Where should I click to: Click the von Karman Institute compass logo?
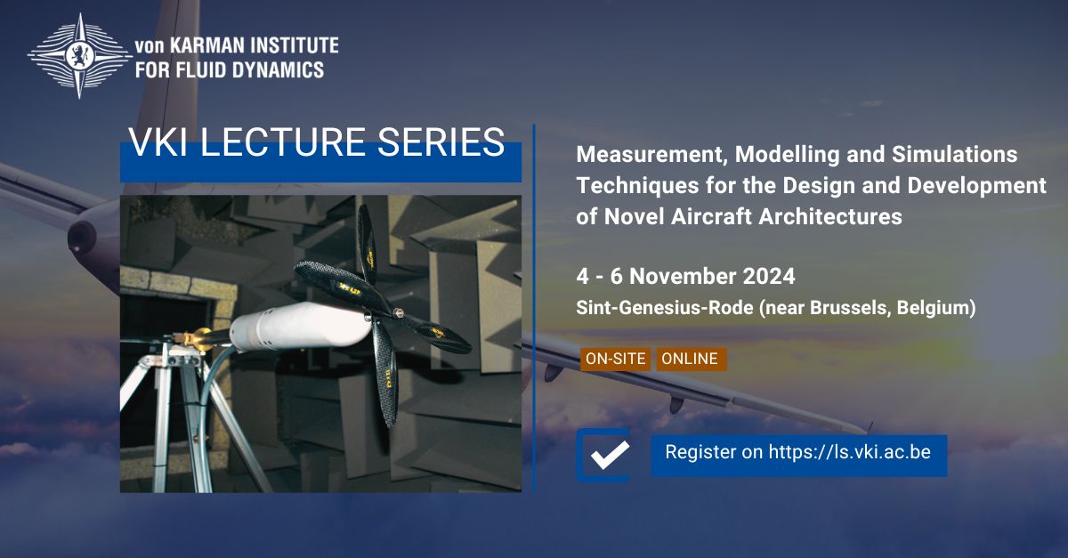[79, 55]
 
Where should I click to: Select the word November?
[675, 276]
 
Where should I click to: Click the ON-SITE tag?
[614, 359]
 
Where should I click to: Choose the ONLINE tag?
[690, 359]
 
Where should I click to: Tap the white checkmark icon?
[610, 454]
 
